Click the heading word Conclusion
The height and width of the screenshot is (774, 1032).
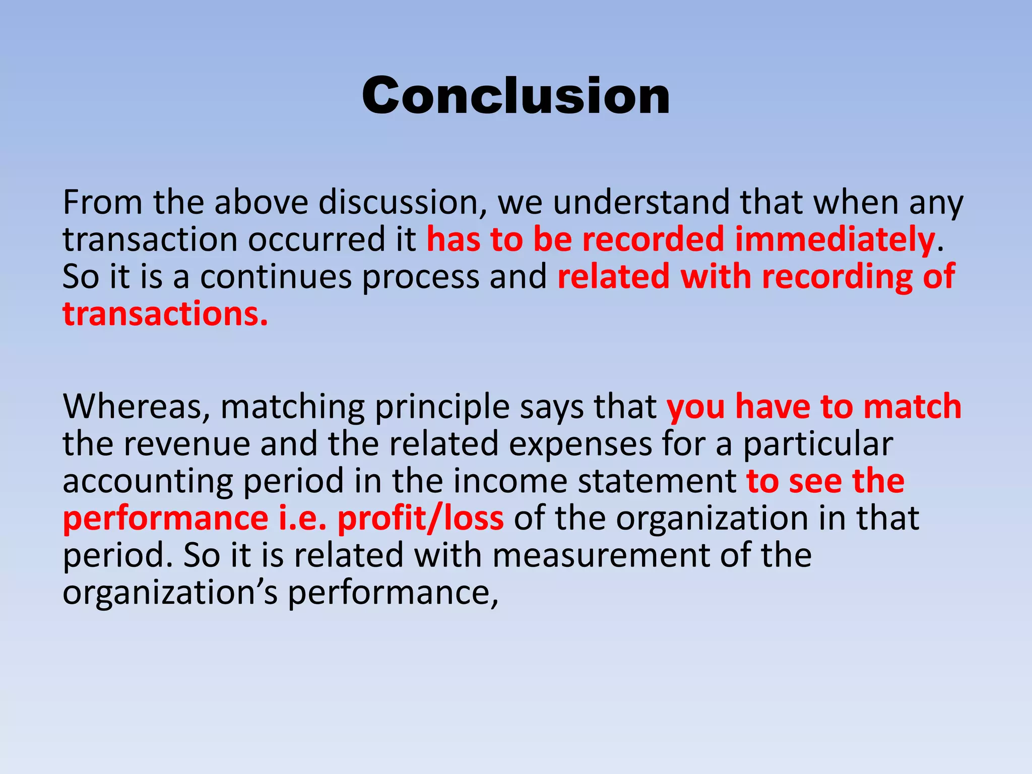515,96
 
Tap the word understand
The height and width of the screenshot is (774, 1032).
641,203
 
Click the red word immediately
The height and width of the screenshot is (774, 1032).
834,240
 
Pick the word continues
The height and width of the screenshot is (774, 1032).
276,277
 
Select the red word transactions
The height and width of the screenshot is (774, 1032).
165,314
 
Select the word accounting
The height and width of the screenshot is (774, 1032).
148,481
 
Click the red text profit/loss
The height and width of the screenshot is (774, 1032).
420,519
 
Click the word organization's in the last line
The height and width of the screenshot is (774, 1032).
170,593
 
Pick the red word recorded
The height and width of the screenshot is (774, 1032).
653,240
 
